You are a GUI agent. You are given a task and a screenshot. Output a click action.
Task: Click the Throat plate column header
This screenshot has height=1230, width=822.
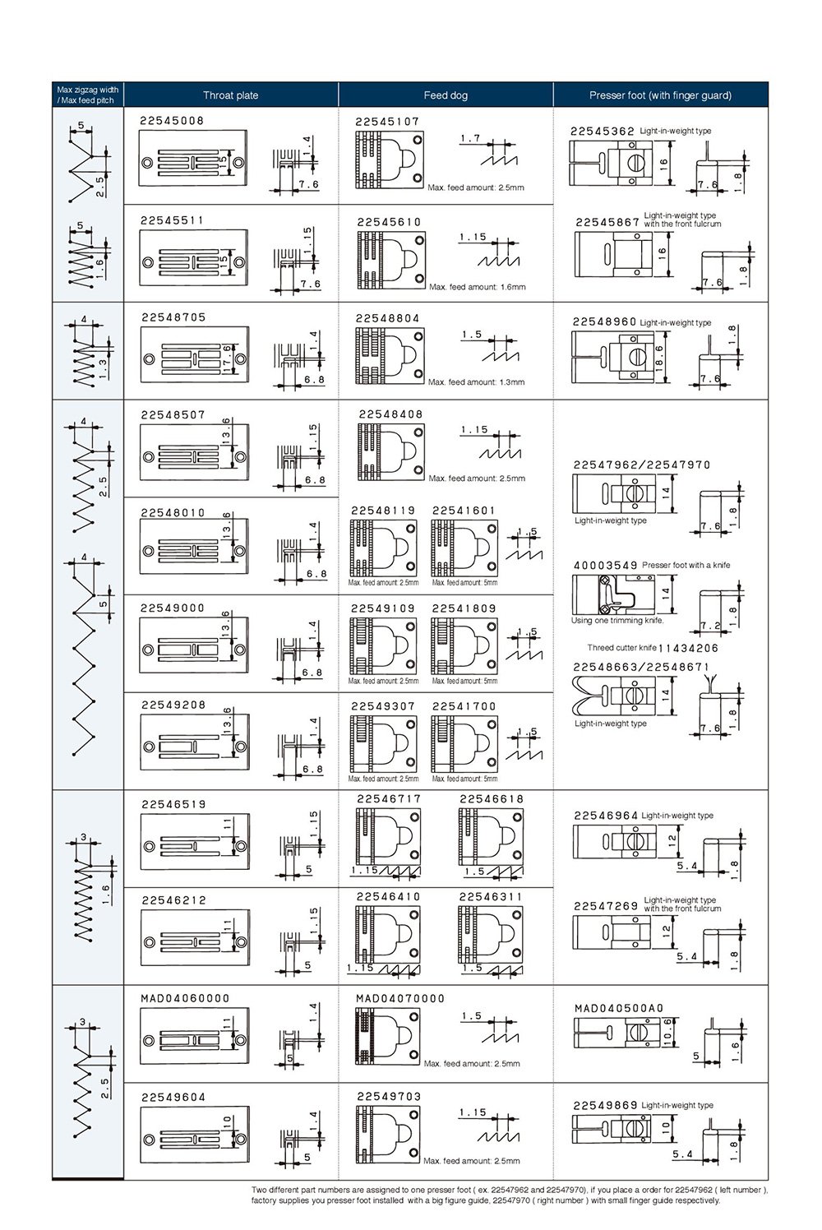230,95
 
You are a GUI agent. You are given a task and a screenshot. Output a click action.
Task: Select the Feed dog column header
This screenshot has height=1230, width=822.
446,95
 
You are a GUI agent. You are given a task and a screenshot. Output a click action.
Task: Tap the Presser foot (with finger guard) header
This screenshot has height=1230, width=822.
660,95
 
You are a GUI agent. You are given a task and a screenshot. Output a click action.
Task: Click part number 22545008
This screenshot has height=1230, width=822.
172,121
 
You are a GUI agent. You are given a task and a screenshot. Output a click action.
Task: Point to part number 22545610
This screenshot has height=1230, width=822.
389,222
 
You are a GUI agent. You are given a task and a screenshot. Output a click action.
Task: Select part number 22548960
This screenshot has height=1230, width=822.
604,321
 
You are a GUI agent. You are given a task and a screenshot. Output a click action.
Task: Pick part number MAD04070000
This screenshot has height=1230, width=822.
400,998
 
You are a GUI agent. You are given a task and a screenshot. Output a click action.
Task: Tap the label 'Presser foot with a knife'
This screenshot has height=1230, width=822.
686,565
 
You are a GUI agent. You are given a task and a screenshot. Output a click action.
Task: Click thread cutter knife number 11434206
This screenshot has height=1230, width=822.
688,648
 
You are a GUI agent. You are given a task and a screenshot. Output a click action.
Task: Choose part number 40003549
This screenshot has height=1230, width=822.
605,565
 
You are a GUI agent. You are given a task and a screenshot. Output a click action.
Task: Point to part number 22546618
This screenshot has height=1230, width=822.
491,798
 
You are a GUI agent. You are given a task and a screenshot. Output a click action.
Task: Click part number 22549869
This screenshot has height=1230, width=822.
605,1105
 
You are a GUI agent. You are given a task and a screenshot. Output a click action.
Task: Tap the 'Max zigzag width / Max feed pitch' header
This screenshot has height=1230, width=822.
87,95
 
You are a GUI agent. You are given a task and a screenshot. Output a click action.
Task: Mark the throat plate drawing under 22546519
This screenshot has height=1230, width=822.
195,846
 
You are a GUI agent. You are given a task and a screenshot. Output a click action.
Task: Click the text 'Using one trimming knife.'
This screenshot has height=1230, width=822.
617,621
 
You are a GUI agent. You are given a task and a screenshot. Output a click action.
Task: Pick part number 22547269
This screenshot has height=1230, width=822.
606,905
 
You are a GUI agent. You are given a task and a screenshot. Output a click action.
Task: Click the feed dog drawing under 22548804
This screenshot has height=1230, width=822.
390,356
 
